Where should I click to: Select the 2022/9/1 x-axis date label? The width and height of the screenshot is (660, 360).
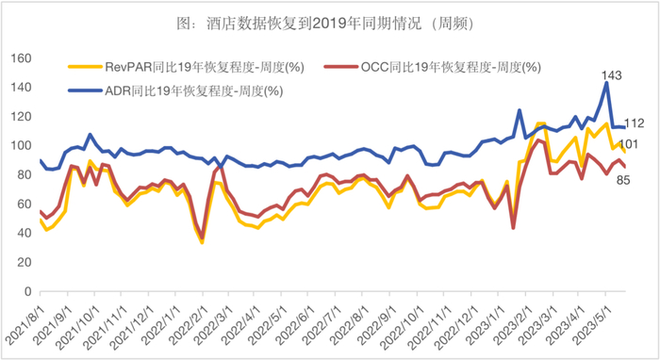394,326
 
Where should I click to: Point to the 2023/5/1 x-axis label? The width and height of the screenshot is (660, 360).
616,326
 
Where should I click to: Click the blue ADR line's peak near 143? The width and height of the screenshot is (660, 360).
606,83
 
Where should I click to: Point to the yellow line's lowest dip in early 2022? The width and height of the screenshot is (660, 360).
202,242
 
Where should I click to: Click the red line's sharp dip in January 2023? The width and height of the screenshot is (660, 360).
513,228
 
